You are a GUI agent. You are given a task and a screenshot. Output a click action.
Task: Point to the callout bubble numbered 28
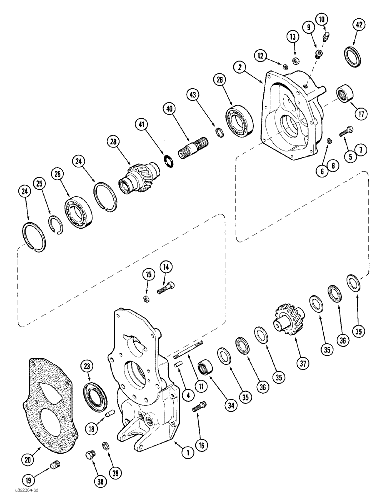click(x=114, y=144)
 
